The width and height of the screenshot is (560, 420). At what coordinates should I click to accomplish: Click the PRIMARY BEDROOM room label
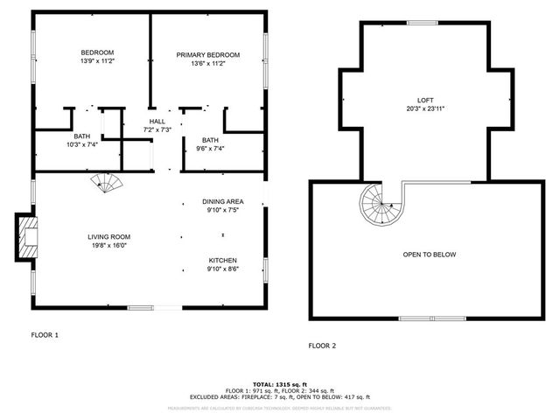207,55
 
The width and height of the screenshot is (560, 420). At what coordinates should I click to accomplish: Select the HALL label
157,122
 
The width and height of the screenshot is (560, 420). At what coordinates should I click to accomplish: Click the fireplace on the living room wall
26,237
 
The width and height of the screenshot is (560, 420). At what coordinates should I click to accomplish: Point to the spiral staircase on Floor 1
109,185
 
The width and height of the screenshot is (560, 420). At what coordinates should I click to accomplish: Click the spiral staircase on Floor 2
381,206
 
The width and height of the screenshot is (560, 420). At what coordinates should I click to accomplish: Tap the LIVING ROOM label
108,236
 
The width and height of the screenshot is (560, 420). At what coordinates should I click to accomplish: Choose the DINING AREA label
222,200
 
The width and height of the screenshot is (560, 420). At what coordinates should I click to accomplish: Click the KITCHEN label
222,260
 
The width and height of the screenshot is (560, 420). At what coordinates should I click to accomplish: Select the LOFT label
425,100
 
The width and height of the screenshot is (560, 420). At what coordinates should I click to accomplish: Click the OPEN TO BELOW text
429,255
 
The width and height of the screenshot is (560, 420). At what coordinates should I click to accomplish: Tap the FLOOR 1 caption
45,335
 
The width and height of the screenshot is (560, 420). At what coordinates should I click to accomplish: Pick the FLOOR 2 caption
322,345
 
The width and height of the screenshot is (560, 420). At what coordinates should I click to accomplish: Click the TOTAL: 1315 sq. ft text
280,384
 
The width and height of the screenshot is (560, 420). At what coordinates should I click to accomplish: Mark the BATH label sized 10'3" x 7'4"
81,136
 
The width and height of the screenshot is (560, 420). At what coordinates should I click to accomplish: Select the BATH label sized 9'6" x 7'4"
210,140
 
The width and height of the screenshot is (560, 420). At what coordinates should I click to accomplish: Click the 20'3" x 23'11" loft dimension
425,108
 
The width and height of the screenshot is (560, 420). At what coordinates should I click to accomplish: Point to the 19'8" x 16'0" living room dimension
108,246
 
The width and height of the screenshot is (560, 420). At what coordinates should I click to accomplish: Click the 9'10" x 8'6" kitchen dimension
222,269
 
